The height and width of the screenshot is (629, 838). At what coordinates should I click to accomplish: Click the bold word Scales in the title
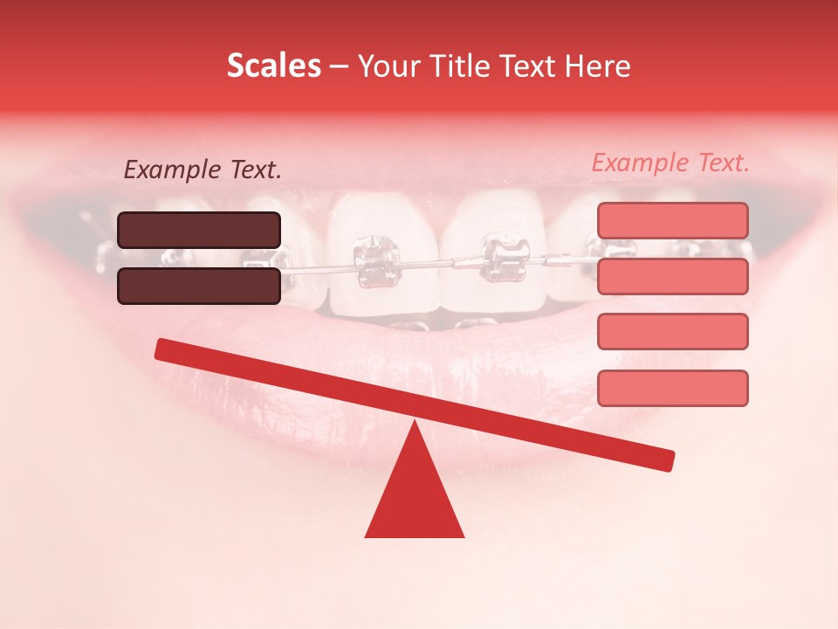click(273, 66)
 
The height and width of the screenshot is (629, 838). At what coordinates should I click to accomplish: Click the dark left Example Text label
click(203, 170)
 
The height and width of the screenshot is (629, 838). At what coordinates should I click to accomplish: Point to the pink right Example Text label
click(670, 162)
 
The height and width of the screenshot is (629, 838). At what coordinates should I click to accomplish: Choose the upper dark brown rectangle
click(199, 230)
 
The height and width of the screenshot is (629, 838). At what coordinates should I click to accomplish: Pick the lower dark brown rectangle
click(199, 286)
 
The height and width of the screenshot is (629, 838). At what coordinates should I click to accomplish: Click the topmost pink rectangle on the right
click(672, 220)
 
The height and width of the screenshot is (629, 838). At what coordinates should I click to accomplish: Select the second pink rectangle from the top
click(672, 276)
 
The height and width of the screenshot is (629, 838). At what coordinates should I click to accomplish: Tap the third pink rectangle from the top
click(672, 332)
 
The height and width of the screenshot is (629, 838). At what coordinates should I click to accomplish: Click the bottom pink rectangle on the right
click(672, 388)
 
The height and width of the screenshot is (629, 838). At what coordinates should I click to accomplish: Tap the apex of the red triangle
click(415, 425)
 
